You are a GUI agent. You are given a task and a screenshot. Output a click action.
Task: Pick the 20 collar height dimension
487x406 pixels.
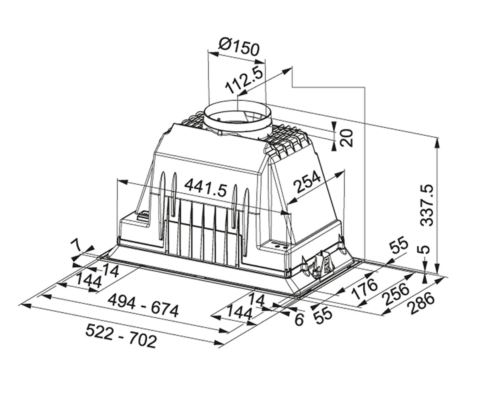coord(347,138)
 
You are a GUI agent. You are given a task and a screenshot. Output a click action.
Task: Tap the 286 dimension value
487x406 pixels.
coord(421,304)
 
